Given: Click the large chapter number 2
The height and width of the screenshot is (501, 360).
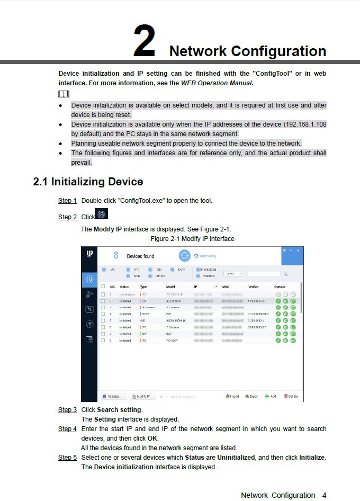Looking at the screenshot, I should point(144,41).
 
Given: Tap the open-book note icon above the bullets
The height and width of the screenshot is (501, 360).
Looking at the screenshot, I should point(64,94).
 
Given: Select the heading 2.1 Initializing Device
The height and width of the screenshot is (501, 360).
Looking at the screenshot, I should point(88,182).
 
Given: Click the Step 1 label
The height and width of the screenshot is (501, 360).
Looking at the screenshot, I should point(67,201).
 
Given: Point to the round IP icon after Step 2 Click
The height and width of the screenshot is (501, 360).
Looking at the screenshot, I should point(102,214).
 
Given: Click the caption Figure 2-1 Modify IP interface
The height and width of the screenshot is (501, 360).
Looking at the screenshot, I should point(192,239).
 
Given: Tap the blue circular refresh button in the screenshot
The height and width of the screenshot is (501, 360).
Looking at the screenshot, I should point(184,256).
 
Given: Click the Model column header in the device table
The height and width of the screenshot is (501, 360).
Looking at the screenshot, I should point(170,287).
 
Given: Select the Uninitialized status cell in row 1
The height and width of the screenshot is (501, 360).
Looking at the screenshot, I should point(127,294).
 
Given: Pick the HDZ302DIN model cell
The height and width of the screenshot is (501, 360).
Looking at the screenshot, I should point(173,301).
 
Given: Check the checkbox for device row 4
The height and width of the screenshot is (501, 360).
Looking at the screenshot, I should point(103,314).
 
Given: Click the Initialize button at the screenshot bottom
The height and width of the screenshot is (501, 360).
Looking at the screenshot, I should point(112,396).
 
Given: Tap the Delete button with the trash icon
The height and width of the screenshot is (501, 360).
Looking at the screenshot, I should point(291,396).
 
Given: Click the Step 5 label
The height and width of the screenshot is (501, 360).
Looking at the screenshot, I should point(67,457).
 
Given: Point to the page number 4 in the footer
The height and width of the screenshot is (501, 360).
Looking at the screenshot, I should point(324,495).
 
